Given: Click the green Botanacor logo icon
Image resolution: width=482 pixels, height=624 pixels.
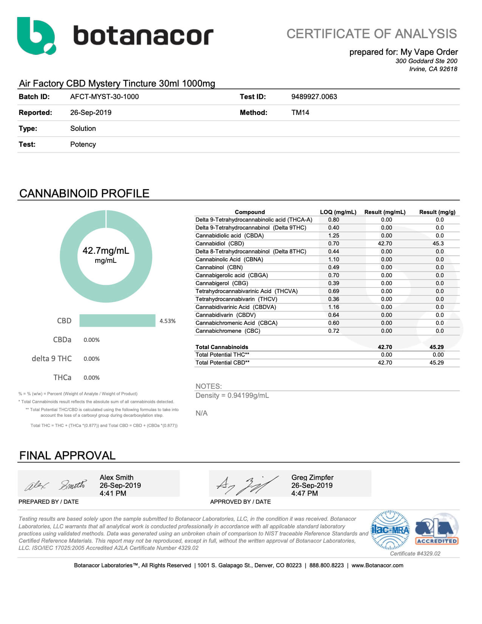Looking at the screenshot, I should tap(36, 36).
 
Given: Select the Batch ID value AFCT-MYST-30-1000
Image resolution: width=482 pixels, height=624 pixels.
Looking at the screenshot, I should tap(104, 97).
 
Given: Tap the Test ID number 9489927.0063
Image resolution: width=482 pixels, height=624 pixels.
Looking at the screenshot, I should tap(314, 97).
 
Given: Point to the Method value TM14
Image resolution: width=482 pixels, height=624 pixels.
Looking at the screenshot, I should tap(300, 113).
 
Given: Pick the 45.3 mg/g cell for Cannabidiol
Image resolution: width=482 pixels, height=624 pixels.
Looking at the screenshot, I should tap(438, 244).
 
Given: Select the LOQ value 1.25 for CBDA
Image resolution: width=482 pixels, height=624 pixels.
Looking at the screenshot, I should tap(333, 236).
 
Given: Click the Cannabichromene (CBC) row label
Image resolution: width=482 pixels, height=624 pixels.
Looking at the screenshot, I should tap(228, 331).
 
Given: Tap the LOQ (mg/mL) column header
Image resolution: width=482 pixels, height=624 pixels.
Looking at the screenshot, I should tap(338, 212).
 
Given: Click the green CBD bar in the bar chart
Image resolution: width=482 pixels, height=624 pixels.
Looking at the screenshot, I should tap(117, 320).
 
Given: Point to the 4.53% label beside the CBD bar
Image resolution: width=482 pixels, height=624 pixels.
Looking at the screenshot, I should tap(167, 321).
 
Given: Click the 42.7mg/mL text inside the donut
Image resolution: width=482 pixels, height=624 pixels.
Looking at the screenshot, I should tap(106, 251).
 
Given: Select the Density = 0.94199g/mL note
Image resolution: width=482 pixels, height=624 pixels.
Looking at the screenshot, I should tap(232, 396).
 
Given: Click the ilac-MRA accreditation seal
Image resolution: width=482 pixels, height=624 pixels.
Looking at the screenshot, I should tap(391, 530).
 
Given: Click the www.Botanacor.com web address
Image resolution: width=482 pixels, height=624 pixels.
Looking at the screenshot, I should tap(377, 565).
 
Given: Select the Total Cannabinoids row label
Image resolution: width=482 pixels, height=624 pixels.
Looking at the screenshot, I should tap(222, 347).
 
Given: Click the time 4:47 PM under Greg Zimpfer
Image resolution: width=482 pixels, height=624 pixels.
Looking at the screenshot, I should tap(304, 494).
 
